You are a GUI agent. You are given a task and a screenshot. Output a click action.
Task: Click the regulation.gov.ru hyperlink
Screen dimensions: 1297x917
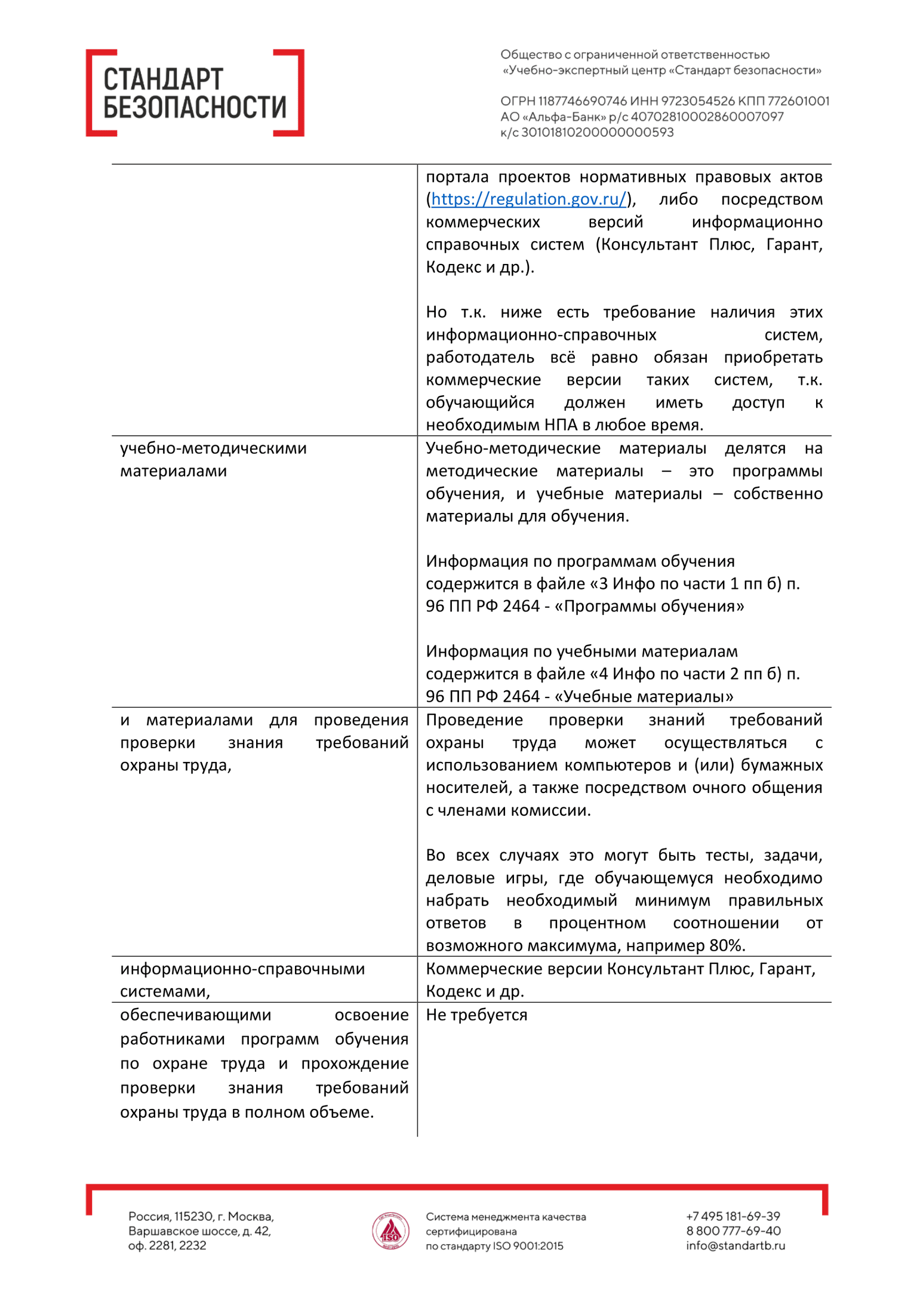(x=528, y=199)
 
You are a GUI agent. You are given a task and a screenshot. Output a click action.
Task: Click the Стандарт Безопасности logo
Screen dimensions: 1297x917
(x=195, y=93)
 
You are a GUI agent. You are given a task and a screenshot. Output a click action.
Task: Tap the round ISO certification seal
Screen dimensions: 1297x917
(x=390, y=1231)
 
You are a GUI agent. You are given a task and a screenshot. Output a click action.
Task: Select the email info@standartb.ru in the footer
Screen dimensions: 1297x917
(x=736, y=1246)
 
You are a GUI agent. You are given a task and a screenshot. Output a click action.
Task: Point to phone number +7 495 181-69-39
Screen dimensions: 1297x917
(x=733, y=1216)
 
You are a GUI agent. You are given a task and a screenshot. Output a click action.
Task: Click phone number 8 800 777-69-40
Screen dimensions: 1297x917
(x=733, y=1231)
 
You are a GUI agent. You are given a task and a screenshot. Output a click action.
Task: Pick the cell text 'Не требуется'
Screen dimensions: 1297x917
(x=476, y=1015)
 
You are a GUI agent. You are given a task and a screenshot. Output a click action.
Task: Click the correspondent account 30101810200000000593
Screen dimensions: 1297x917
(x=598, y=133)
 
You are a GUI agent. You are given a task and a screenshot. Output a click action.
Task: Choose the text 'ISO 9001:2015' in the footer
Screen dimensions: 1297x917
(x=528, y=1246)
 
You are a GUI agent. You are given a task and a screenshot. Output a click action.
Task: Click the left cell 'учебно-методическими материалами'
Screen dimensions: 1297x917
(x=213, y=460)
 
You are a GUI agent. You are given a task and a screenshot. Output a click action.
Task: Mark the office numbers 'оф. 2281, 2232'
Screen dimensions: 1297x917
(x=167, y=1246)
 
